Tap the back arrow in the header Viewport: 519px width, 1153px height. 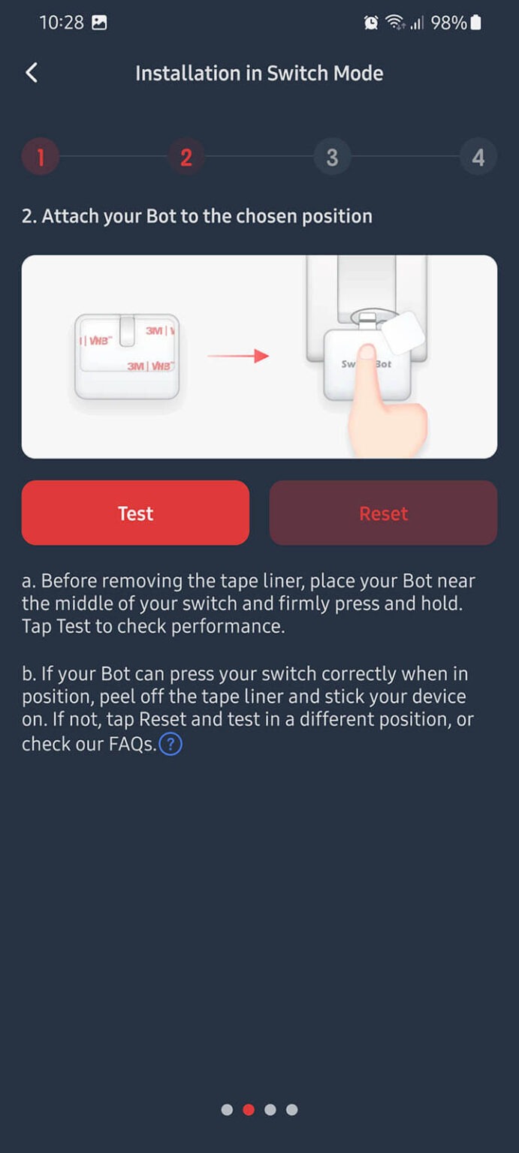(x=32, y=73)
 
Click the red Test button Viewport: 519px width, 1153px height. (x=135, y=513)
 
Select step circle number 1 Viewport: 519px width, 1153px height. (x=41, y=157)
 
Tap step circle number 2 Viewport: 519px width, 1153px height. (x=186, y=157)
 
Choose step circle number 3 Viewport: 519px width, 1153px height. (x=332, y=157)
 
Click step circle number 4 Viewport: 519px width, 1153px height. (x=478, y=157)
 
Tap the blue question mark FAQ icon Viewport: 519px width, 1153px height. (x=171, y=744)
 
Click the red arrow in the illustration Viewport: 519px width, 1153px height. (x=238, y=356)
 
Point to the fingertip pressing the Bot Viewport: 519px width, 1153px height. (x=367, y=354)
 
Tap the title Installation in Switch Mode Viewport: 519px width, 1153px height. (x=259, y=73)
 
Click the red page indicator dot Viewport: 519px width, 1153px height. (x=249, y=1109)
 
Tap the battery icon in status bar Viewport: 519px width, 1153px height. (x=475, y=23)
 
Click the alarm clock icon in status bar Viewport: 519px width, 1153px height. (x=371, y=23)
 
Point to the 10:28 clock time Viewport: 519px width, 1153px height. (x=61, y=23)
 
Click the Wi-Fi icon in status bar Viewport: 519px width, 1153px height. (x=394, y=23)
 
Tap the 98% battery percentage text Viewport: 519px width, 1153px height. (x=448, y=23)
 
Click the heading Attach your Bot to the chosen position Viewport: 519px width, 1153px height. (x=197, y=216)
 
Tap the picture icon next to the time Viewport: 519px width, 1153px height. (x=99, y=23)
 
